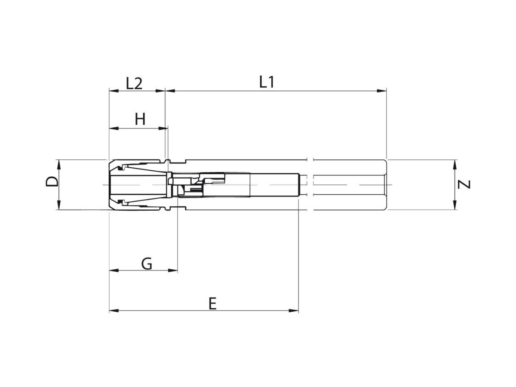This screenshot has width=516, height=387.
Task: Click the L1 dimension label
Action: tap(267, 82)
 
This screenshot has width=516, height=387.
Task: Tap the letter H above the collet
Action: tap(140, 119)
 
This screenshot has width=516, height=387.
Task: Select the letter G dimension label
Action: tap(147, 264)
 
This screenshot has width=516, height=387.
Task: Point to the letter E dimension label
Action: tap(212, 304)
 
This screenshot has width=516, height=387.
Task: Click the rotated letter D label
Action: tap(52, 181)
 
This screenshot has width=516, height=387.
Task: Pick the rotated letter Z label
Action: tap(464, 184)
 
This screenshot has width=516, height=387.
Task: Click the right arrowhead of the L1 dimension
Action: tap(381, 91)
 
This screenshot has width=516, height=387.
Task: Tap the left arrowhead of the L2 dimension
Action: tap(114, 91)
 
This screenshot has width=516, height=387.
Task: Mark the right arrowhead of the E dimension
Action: tap(294, 311)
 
